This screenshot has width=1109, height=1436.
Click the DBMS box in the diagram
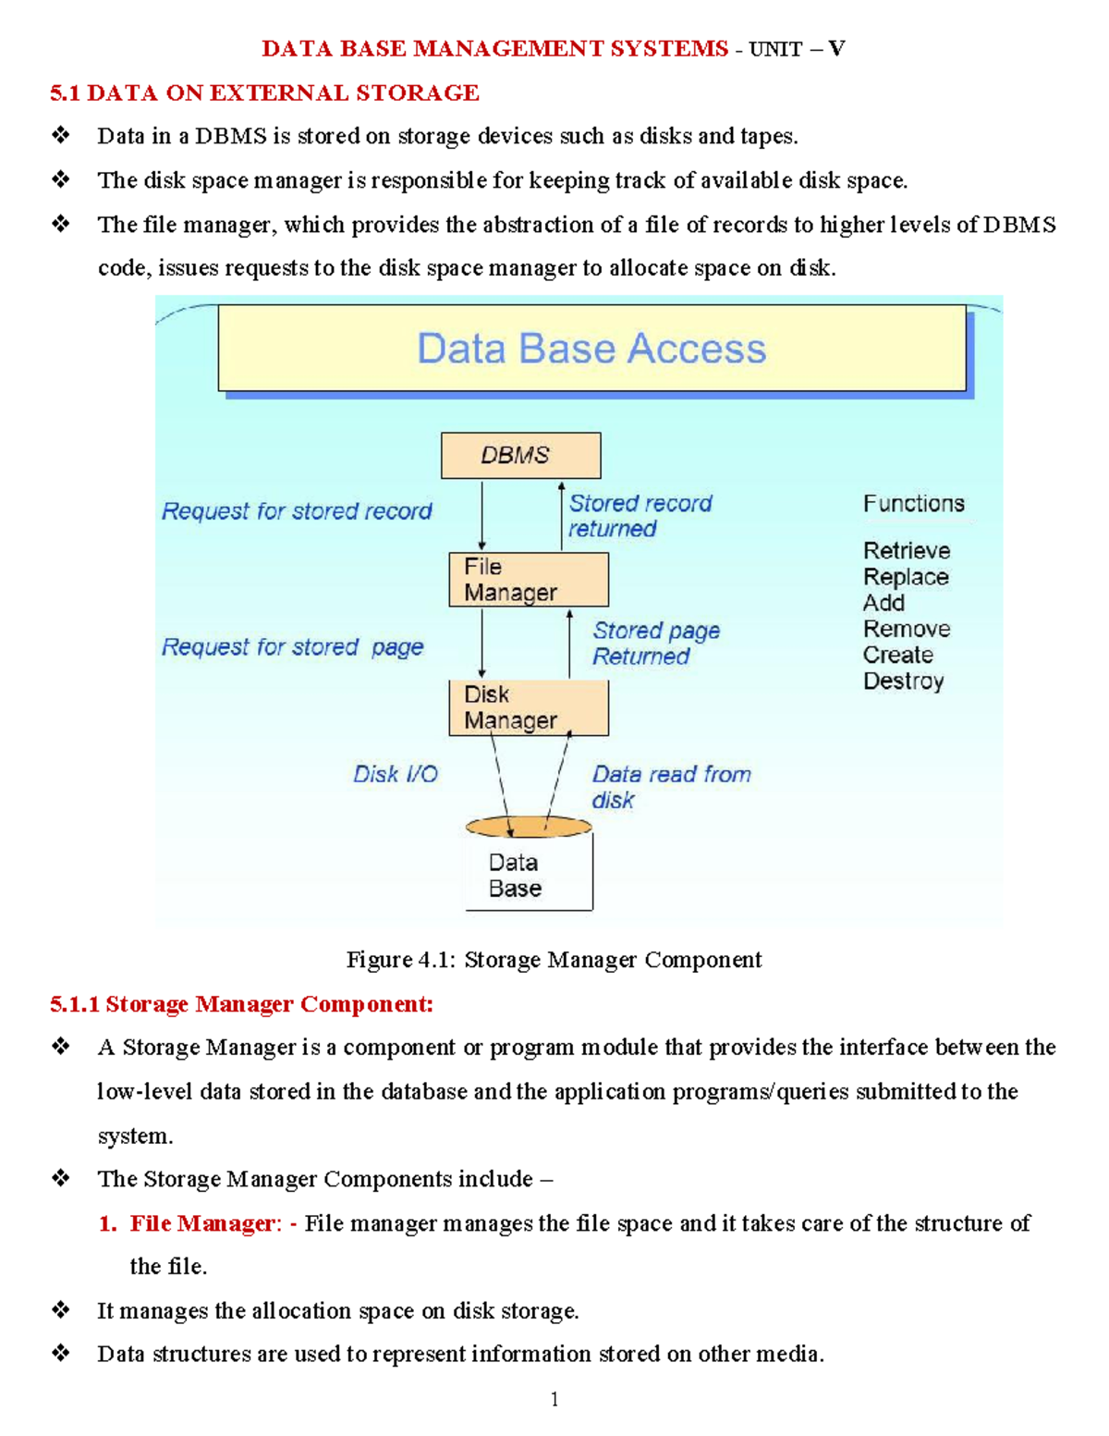pos(520,455)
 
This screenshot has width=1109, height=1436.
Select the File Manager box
pos(528,580)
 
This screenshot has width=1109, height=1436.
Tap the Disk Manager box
pos(528,707)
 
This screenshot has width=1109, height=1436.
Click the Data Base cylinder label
pos(515,876)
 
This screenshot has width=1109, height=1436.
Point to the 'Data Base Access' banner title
pos(591,349)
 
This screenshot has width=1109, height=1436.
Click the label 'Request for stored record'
pos(297,511)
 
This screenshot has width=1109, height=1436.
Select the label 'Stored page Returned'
pos(655,644)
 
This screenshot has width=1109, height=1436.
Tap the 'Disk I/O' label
pos(396,774)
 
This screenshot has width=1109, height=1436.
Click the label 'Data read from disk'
pos(670,787)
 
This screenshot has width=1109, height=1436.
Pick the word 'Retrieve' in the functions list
pos(906,551)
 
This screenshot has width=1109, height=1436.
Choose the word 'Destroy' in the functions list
pos(903,681)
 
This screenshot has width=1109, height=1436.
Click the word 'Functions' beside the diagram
pos(913,504)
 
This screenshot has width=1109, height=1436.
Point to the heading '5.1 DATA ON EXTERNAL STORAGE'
pos(264,93)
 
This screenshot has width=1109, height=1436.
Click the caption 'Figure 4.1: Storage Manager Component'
pos(554,960)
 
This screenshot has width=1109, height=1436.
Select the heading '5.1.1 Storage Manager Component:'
pos(241,1004)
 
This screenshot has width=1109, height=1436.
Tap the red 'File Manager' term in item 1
pos(202,1223)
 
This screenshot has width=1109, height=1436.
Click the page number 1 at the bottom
pos(554,1399)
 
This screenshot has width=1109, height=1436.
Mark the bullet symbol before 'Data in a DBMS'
pos(61,136)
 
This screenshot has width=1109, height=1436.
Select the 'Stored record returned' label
pos(640,516)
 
